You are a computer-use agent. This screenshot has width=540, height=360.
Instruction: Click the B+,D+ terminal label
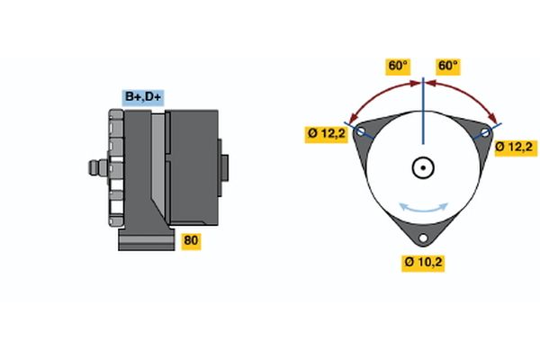(x=143, y=97)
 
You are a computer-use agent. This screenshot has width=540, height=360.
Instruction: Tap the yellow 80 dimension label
(x=191, y=240)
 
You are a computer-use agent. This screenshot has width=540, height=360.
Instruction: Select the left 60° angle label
(x=398, y=66)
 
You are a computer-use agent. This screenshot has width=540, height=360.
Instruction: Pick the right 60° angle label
(x=447, y=66)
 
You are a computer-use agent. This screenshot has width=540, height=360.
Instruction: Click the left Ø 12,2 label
(x=326, y=134)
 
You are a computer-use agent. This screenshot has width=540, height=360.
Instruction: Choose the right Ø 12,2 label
(x=514, y=148)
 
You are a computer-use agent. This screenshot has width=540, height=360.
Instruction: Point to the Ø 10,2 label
(x=423, y=263)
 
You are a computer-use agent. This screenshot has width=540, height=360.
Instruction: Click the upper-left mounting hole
(x=361, y=131)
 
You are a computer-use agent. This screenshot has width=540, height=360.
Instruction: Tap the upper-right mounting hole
(x=485, y=132)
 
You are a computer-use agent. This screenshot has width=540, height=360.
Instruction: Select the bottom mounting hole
(x=423, y=238)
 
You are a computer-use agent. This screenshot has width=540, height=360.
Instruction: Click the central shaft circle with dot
(x=423, y=167)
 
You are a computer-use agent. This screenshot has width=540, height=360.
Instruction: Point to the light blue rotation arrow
(x=423, y=210)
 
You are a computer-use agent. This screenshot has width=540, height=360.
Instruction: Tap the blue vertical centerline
(x=423, y=110)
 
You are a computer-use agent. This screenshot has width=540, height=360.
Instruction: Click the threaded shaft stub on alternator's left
(x=98, y=167)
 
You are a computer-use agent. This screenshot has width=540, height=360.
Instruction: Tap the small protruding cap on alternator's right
(x=224, y=167)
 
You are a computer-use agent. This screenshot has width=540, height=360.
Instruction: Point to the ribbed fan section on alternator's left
(x=116, y=167)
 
